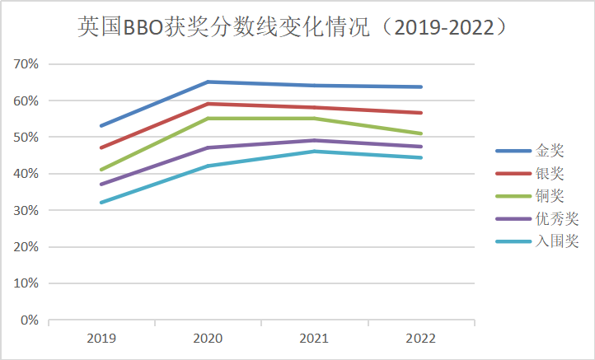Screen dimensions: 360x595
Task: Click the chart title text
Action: click(x=292, y=27)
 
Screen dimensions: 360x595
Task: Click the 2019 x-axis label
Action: click(x=101, y=339)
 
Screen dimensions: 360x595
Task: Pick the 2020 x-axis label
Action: click(x=208, y=339)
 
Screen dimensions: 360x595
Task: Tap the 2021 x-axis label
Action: click(x=314, y=339)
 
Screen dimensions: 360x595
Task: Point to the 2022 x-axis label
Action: click(x=421, y=339)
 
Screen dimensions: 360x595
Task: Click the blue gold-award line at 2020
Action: click(x=208, y=82)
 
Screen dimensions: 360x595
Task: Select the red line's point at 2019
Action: click(x=101, y=147)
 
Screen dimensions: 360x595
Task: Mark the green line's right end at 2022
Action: click(x=421, y=133)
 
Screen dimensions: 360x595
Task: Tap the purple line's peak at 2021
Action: click(x=314, y=140)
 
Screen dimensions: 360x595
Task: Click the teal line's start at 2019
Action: click(x=101, y=203)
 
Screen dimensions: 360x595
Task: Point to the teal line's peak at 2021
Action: click(x=314, y=152)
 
